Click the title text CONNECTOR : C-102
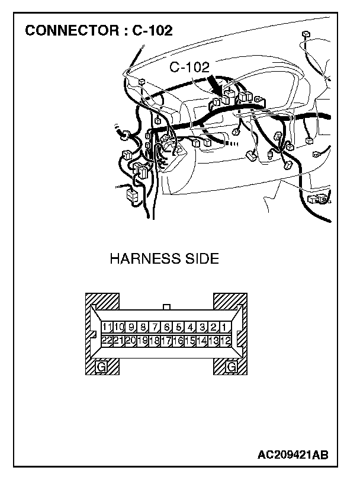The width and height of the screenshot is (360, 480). pyautogui.click(x=98, y=31)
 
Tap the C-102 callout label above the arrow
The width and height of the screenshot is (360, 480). pyautogui.click(x=189, y=68)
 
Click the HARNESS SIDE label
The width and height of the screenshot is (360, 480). pyautogui.click(x=165, y=259)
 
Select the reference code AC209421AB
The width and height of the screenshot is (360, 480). pyautogui.click(x=293, y=455)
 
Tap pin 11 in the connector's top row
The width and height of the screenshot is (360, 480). pyautogui.click(x=107, y=327)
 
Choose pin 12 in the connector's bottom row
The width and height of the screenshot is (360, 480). pyautogui.click(x=226, y=340)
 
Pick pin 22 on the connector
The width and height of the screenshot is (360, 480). pyautogui.click(x=107, y=340)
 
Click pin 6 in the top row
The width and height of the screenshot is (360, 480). pyautogui.click(x=166, y=327)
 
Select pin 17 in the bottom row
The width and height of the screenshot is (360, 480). pyautogui.click(x=166, y=340)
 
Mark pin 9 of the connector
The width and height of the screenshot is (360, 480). pyautogui.click(x=130, y=327)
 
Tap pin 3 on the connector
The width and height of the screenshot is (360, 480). pyautogui.click(x=202, y=327)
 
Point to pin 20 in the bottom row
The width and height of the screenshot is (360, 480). pyautogui.click(x=130, y=340)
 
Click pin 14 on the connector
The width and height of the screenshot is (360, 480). pyautogui.click(x=202, y=340)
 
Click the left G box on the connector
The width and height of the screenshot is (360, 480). pyautogui.click(x=101, y=367)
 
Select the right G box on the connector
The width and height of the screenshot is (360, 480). pyautogui.click(x=232, y=367)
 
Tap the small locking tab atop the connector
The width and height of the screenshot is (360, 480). pyautogui.click(x=166, y=308)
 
